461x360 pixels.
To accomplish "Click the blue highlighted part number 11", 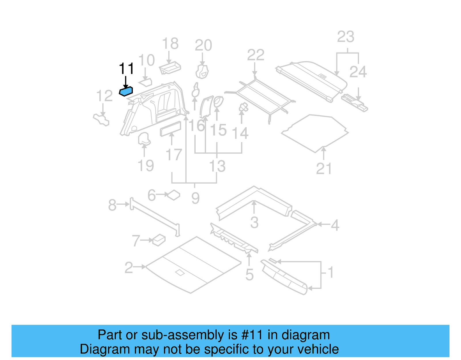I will (126, 91).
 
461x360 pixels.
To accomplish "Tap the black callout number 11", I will (126, 69).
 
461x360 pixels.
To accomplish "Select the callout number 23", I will (345, 37).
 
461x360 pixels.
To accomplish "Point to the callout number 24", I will (358, 72).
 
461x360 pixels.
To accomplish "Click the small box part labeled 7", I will (159, 240).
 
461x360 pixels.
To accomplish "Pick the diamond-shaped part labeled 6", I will (174, 195).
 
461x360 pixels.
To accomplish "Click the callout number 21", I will (324, 169).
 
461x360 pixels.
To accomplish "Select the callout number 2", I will (129, 268).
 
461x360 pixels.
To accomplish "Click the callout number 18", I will (170, 44).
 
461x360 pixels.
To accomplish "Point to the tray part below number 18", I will (170, 68).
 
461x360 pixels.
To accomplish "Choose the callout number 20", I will (203, 45).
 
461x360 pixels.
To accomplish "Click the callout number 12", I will (104, 96).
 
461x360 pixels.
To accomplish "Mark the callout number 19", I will (146, 166).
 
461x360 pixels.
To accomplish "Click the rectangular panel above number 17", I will (171, 129).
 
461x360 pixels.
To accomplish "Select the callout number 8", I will (112, 205).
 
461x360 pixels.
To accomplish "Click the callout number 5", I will (250, 275).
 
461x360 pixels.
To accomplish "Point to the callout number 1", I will (331, 272).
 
